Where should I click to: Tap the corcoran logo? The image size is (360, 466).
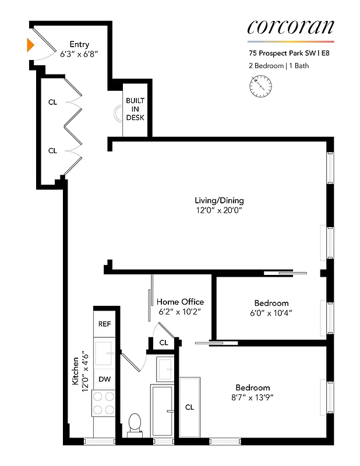pos(291,27)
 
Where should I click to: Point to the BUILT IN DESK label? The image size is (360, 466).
pos(135,109)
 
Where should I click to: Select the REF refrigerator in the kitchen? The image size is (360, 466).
pos(104,324)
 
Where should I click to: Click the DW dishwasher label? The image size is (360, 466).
pos(104,379)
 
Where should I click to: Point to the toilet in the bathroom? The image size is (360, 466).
pos(135,423)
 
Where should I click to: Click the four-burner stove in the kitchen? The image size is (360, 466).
pos(104,403)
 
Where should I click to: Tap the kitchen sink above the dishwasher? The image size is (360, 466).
pos(104,352)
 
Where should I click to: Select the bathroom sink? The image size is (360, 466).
pos(165,369)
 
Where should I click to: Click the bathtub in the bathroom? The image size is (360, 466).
pos(162,411)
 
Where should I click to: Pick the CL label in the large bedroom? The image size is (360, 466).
pos(189,407)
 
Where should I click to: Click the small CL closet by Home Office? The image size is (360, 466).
pos(164,343)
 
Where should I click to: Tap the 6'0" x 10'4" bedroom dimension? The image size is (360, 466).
pos(271,313)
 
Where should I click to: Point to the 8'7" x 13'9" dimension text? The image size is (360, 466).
pos(253,398)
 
